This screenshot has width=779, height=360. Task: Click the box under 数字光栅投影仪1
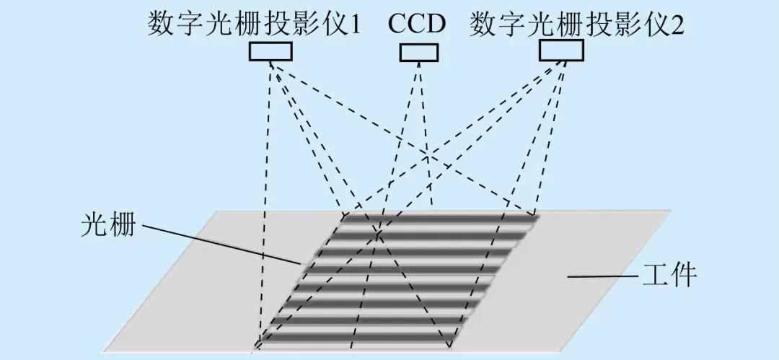tap(271, 51)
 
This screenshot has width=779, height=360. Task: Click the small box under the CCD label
tap(418, 52)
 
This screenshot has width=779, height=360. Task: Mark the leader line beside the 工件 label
tap(602, 276)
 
